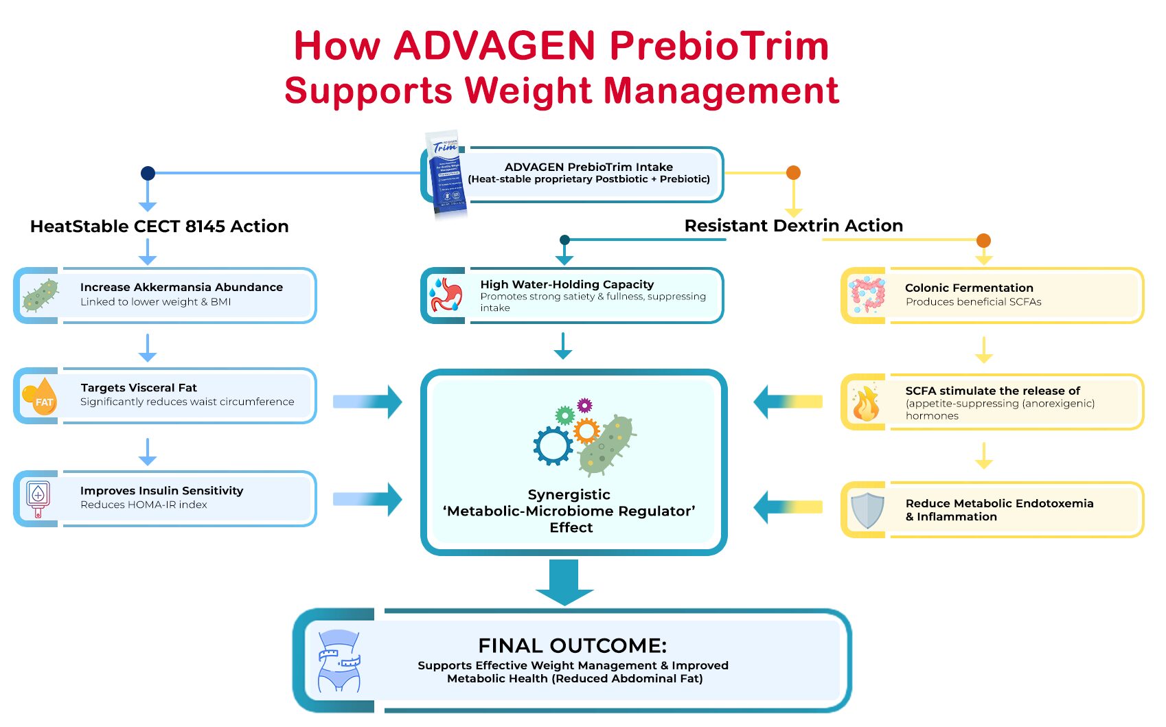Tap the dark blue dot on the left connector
(148, 173)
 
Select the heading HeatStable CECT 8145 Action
(159, 227)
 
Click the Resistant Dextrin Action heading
(793, 226)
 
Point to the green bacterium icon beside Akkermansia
(40, 296)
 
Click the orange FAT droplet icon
(41, 397)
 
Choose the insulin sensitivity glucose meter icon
(38, 498)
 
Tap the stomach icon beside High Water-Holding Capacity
(447, 295)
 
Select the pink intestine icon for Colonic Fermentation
(867, 295)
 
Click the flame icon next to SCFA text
(865, 403)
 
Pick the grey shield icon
(867, 510)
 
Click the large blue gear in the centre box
(553, 446)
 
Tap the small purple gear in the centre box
(584, 405)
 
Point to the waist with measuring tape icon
(339, 660)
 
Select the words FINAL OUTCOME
(572, 646)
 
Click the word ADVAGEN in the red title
(494, 46)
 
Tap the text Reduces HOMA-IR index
(144, 505)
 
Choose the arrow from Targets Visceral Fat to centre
(367, 402)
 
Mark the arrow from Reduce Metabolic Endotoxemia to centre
(788, 507)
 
